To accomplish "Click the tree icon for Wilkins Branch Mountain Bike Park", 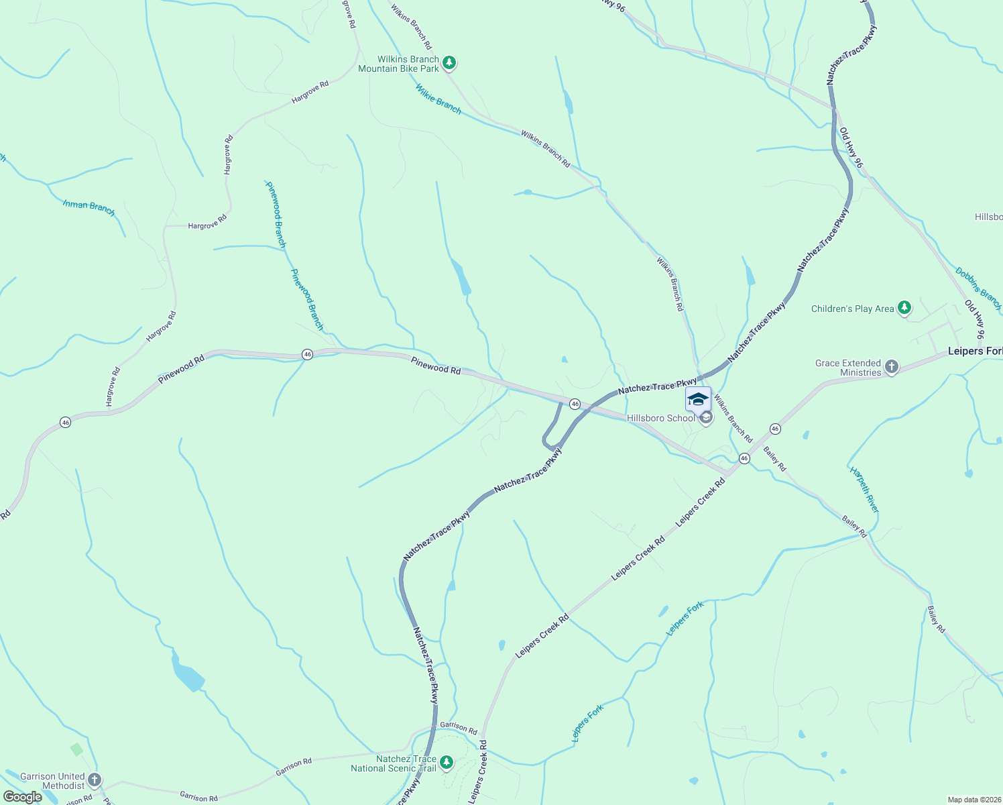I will point(449,63).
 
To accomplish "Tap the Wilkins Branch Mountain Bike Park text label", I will point(399,64).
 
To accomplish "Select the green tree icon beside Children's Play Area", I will point(904,308).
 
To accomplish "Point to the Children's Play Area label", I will point(852,309).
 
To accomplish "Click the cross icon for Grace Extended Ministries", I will point(891,366).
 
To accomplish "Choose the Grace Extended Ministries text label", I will point(848,368).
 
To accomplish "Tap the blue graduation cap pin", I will point(698,399).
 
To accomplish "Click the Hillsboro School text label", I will point(661,418).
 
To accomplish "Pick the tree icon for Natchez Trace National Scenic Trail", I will point(447,763).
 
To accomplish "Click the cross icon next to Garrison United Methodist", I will point(95,780).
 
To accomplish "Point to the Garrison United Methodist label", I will point(52,781).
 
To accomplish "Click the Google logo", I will point(22,797).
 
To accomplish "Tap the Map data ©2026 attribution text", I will point(973,800).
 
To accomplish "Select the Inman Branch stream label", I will point(89,207).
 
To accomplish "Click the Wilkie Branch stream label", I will point(438,99).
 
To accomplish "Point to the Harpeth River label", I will point(864,490).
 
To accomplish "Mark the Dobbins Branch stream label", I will point(978,283).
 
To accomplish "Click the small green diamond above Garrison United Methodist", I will point(76,749).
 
